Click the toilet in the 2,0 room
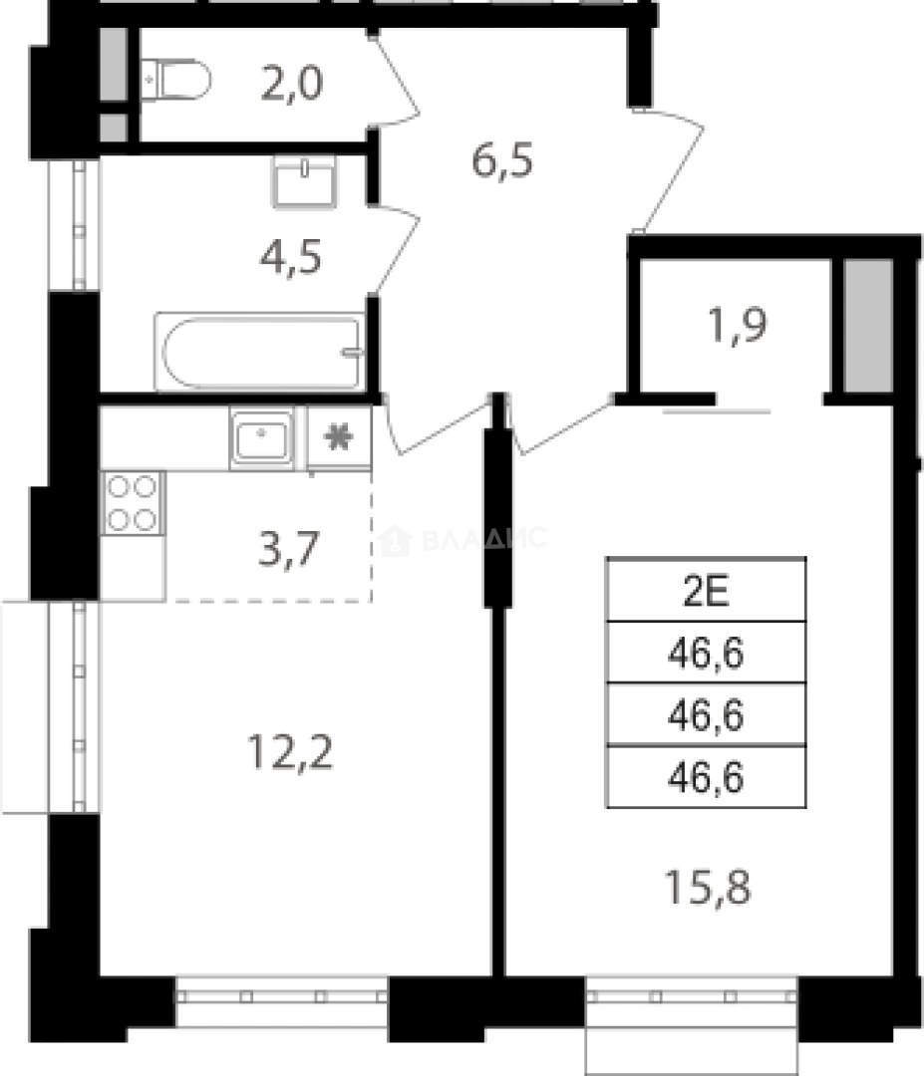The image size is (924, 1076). point(176,79)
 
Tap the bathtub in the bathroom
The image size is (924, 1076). point(261,353)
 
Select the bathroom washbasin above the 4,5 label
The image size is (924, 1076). point(303,182)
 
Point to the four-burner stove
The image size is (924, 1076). point(133,503)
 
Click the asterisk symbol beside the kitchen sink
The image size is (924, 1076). point(339,437)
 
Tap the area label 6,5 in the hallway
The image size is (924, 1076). point(502,159)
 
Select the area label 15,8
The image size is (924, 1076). point(707,884)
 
